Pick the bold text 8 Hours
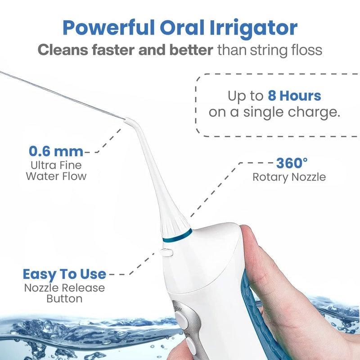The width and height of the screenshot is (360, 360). [x=294, y=96]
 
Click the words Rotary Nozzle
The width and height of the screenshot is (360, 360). [x=289, y=177]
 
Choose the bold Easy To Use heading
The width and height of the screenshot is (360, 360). [x=64, y=274]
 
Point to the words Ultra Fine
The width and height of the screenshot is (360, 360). [x=56, y=165]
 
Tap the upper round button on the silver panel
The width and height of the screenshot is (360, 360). [x=181, y=320]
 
